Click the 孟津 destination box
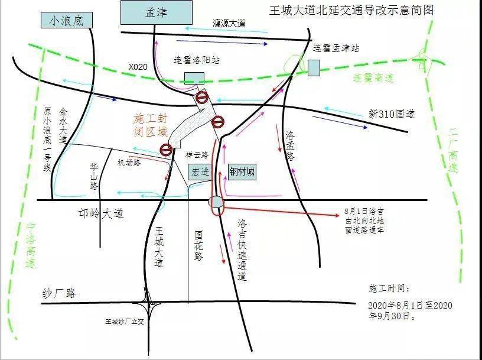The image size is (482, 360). click(156, 13)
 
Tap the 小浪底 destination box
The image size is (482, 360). click(67, 21)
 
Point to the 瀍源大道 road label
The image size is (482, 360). click(229, 24)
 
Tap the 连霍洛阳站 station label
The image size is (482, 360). click(196, 60)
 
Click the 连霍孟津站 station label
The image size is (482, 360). click(336, 48)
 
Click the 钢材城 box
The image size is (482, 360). click(242, 172)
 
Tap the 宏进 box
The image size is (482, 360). click(199, 172)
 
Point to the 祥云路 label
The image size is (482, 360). click(197, 155)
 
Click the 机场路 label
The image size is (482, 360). click(129, 163)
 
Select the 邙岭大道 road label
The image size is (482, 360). click(101, 213)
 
